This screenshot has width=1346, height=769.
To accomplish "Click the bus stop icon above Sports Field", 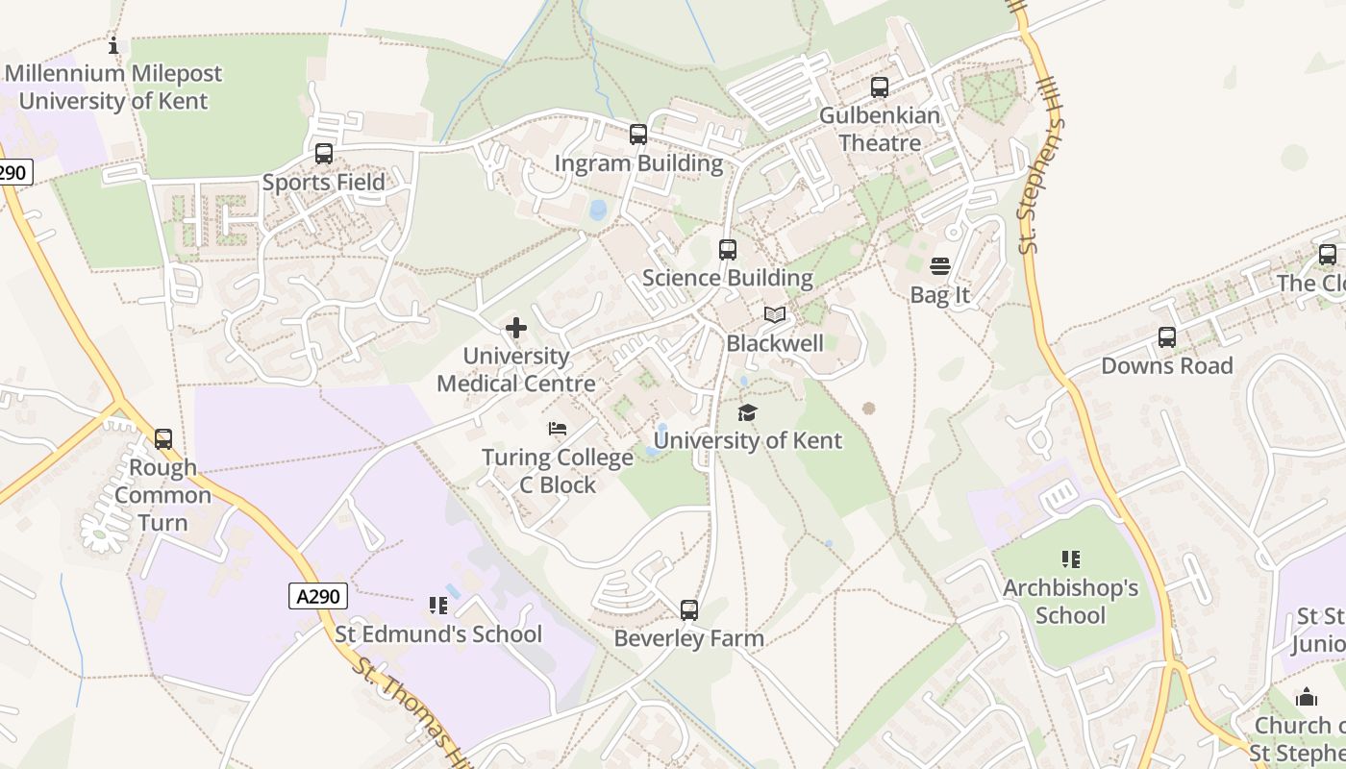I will (x=324, y=154).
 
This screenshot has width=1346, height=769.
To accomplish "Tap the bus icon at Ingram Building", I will (x=638, y=135).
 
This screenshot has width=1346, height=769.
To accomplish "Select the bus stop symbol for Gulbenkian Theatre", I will (x=880, y=87).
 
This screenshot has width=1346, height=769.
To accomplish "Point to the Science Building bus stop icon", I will (x=728, y=250).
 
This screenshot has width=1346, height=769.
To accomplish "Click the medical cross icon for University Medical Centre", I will (x=516, y=328).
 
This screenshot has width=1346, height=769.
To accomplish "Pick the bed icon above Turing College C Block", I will (x=558, y=429).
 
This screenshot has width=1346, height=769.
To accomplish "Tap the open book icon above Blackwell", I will (x=775, y=314).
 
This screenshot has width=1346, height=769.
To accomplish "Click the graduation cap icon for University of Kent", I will (x=747, y=412).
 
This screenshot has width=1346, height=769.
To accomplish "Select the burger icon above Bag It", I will (x=940, y=266).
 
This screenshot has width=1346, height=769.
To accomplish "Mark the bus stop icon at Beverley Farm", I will (x=689, y=609).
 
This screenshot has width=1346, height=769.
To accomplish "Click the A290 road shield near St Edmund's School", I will (x=318, y=596).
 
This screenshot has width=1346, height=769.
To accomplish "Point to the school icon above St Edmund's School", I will (x=438, y=606).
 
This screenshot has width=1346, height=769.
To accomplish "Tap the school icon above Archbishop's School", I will (x=1071, y=559).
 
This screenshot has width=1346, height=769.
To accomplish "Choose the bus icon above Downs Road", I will (x=1167, y=337).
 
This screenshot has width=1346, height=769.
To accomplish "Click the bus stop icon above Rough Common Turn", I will (x=163, y=439).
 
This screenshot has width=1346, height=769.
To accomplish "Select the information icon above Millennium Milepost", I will (x=113, y=45).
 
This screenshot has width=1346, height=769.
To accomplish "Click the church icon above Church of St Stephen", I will (x=1307, y=697).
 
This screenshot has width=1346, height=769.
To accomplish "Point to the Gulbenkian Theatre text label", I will (x=880, y=129).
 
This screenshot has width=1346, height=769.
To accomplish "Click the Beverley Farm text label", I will (x=689, y=638).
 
